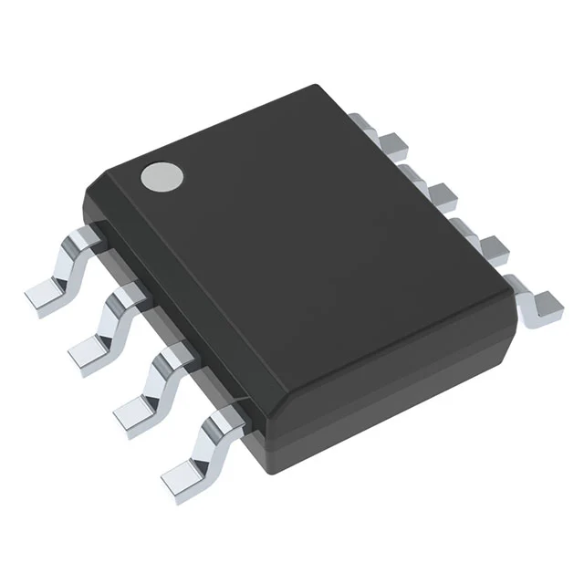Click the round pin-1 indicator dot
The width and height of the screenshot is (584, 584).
pyautogui.click(x=159, y=175)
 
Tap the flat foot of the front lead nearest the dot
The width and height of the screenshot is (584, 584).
pyautogui.click(x=42, y=294)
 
